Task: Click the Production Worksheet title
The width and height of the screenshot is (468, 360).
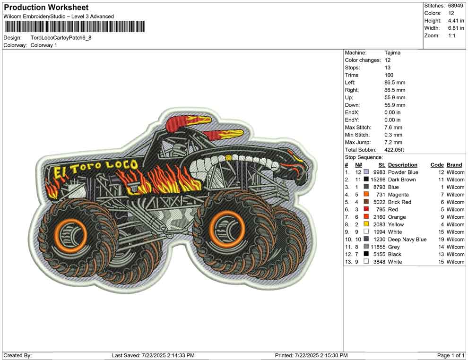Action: point(46,8)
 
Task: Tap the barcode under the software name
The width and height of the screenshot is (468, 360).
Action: point(74,26)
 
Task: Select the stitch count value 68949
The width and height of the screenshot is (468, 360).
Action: point(456,6)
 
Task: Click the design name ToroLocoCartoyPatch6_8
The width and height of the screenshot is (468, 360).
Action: point(61,37)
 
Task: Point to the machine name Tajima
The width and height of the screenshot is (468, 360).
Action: point(392,53)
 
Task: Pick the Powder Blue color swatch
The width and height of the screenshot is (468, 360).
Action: point(366,172)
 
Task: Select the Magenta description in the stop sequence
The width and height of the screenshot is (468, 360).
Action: point(398,195)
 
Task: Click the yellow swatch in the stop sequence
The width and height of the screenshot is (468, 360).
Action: point(366,224)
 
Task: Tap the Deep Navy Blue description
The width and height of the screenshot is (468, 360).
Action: point(407,240)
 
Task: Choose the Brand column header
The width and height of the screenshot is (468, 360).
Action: point(454,165)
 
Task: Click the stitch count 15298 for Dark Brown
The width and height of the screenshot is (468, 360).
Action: point(378,180)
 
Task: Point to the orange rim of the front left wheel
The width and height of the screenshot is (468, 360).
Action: point(75,233)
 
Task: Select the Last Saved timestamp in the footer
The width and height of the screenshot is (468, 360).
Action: point(153,355)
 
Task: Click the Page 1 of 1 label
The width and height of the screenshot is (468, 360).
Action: point(451,355)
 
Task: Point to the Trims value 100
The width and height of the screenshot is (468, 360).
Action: point(389,75)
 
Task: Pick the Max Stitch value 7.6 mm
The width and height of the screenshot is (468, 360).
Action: point(393,128)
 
